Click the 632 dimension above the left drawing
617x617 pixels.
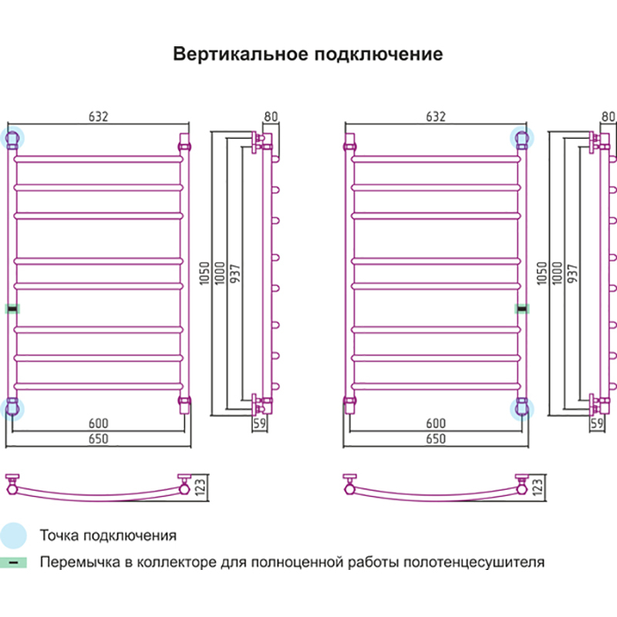(98, 116)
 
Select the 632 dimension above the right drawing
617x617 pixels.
(436, 116)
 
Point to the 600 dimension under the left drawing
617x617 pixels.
(98, 423)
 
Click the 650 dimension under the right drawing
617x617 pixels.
(436, 439)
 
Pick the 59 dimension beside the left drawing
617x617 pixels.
(260, 423)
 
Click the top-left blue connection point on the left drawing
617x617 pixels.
(12, 139)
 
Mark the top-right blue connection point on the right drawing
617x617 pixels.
(522, 139)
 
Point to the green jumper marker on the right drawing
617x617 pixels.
(521, 308)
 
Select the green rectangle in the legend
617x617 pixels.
(13, 562)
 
